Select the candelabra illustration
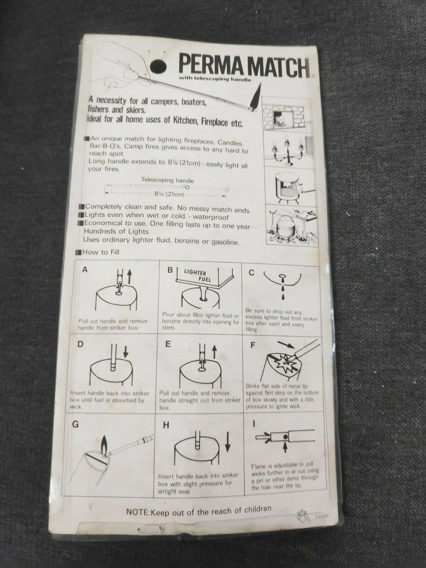coord(287,151)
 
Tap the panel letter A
coord(85,270)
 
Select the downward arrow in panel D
coord(126,351)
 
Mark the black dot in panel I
coord(285,437)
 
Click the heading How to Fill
coord(101,252)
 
